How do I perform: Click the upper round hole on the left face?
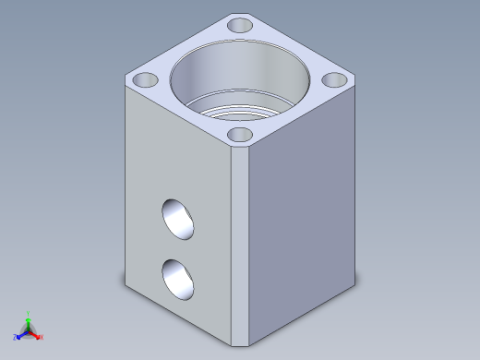point(178,220)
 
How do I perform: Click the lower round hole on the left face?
point(178,280)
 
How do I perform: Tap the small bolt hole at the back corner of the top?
point(240,25)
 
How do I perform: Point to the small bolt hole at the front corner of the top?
point(240,136)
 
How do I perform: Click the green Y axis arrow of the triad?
point(29,319)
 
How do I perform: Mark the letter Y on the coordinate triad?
point(30,313)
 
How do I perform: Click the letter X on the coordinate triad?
point(42,337)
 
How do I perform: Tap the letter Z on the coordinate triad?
point(15,337)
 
